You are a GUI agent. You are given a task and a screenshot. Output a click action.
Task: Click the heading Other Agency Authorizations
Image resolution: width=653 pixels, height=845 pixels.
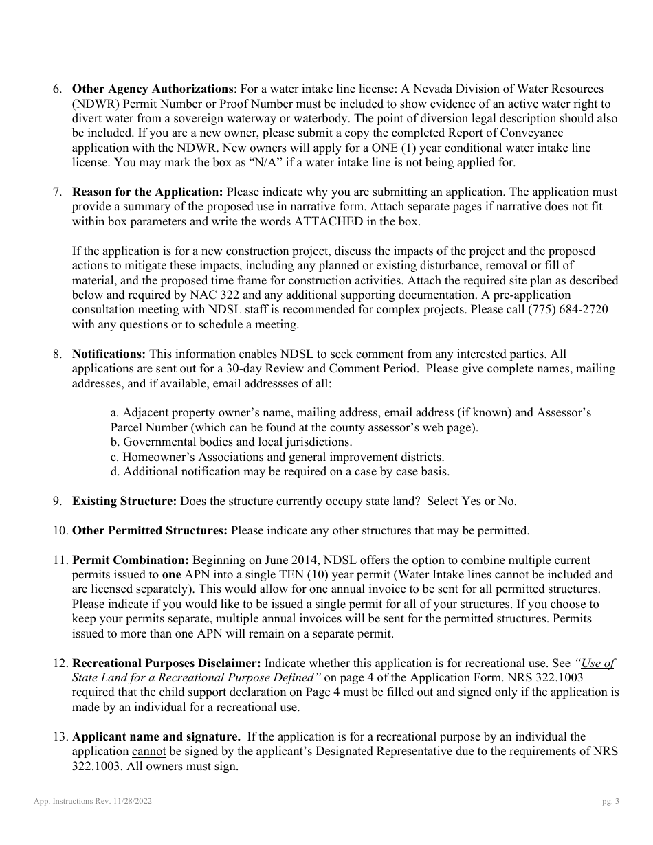point(153,89)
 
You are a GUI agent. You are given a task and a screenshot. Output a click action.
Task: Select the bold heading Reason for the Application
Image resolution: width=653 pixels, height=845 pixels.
point(148,192)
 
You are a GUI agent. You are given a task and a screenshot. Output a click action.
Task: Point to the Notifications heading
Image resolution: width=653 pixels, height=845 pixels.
point(109,354)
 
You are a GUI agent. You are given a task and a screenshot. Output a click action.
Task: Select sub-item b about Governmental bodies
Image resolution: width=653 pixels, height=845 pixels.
point(231,442)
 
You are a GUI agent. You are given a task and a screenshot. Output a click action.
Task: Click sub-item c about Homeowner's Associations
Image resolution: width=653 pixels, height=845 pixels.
point(277,457)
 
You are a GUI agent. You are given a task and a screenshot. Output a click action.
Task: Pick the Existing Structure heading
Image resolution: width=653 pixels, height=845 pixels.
point(124,501)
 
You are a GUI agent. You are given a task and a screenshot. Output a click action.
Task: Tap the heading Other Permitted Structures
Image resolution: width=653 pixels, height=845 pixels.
point(150,530)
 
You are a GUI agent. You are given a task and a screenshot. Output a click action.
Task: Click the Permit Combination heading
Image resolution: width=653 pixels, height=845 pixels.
point(131,560)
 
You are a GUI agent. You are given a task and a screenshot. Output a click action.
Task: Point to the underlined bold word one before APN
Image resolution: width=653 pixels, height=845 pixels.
point(171,575)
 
